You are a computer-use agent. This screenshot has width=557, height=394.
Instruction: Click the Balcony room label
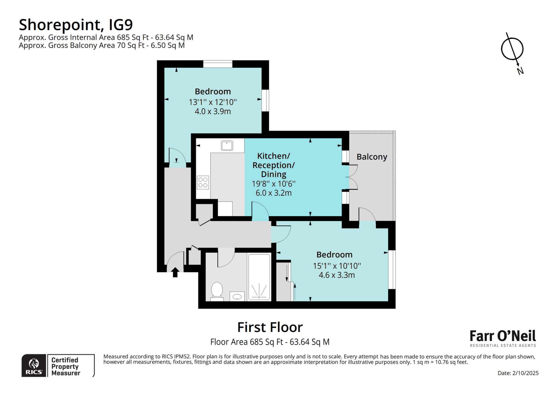372,157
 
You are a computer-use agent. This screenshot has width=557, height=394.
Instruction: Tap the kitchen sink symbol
227,145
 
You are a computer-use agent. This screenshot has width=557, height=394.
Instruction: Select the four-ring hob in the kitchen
203,182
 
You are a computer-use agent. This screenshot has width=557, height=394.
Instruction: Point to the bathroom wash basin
237,296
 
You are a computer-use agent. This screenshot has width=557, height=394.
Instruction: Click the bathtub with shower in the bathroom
259,277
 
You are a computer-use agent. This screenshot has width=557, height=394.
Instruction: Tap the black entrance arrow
175,272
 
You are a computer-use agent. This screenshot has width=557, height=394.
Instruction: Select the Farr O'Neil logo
503,338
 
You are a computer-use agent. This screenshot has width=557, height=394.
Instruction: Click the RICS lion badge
34,366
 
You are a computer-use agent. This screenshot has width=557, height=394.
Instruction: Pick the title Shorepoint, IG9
76,25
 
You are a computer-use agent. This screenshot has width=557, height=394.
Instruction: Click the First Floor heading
270,327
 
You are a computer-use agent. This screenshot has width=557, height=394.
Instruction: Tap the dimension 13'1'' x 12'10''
213,102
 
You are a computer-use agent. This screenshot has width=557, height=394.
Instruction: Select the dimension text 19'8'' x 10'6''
274,184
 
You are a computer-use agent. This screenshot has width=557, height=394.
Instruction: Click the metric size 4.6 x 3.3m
337,275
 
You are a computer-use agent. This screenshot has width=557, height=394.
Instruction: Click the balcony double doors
353,177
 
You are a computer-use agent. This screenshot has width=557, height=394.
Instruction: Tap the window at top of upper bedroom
218,64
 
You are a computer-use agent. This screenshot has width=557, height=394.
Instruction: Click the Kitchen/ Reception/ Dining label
274,165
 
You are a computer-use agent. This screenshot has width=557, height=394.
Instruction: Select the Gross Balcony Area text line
102,45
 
